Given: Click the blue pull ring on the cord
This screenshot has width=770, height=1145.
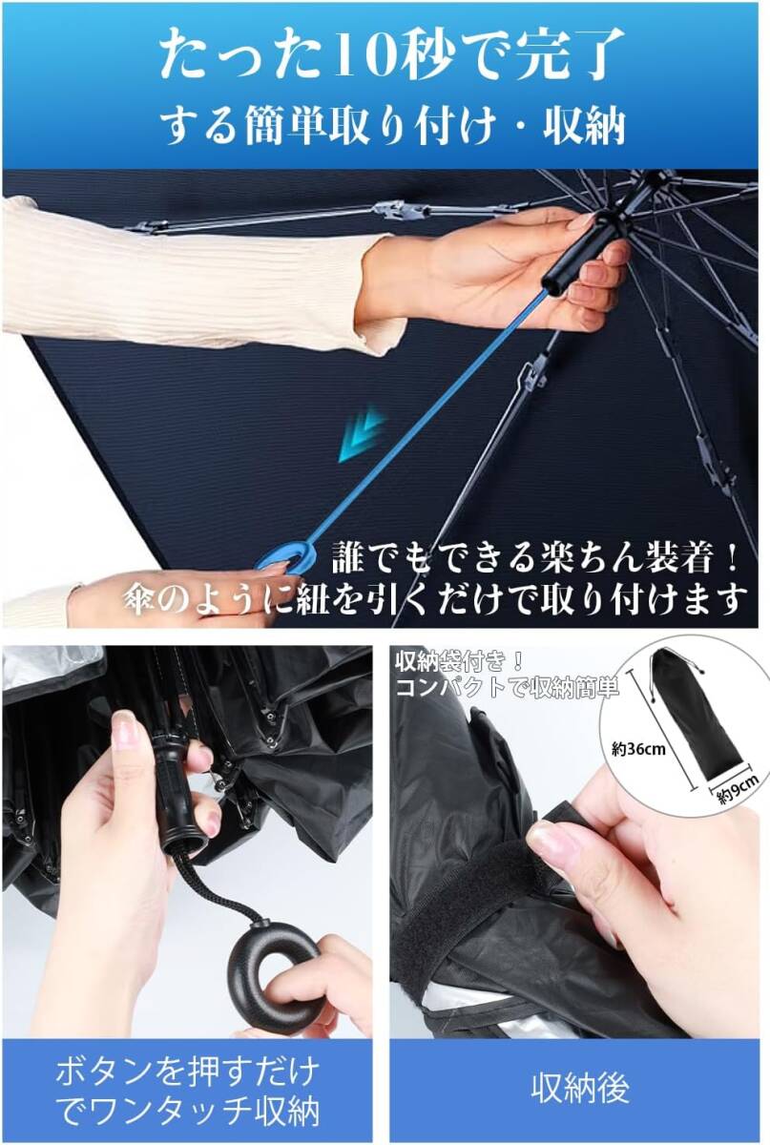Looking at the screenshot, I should coord(285,556).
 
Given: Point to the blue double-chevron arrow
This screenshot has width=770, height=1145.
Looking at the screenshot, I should coord(360,435).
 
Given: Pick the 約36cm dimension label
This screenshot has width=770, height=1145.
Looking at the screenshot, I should coord(638,749).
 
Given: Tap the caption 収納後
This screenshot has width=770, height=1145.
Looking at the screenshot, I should coord(580,1088).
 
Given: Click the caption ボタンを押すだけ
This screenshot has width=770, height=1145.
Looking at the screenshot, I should coord(187,1071).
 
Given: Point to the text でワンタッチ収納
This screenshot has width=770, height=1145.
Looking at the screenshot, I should coord(187,1111).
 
